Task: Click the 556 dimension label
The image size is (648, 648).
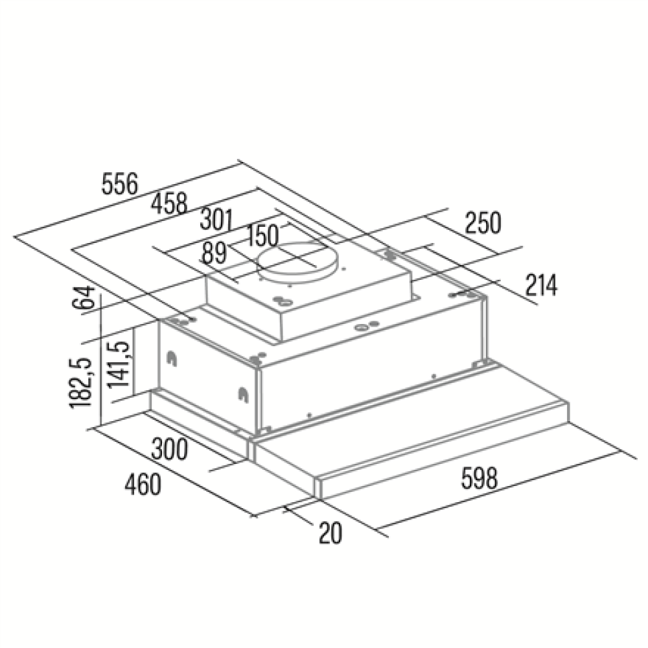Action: tap(120, 184)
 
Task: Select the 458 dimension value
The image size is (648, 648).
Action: tap(169, 203)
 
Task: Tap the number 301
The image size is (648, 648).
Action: tap(216, 220)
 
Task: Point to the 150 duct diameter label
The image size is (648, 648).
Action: tap(262, 236)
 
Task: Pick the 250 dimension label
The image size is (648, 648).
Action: tap(483, 223)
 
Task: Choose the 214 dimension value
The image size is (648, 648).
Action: tap(541, 284)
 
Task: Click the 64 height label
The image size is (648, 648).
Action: tap(84, 297)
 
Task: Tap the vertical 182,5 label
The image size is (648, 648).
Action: tap(80, 383)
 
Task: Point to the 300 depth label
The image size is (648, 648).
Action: tap(169, 449)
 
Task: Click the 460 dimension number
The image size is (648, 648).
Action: tap(143, 484)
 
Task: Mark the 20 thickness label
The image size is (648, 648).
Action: tap(330, 533)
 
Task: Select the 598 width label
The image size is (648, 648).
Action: tap(480, 478)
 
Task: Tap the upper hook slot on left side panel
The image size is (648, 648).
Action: tap(172, 358)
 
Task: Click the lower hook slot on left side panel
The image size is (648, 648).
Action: tap(242, 395)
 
